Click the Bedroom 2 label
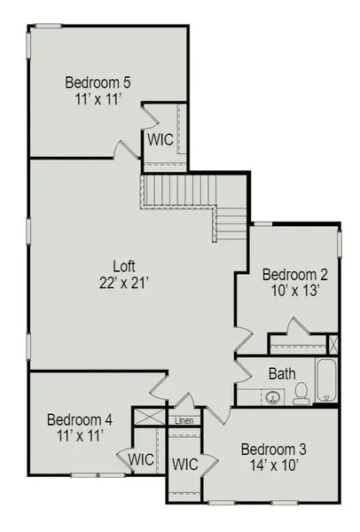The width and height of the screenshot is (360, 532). (287, 274)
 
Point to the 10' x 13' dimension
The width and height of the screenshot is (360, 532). (287, 290)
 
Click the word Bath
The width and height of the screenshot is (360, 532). (282, 373)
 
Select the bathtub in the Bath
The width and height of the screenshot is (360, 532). (325, 381)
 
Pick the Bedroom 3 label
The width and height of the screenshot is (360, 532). (272, 449)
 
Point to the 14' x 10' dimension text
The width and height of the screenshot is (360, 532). (272, 465)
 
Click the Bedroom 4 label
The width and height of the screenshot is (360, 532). (79, 419)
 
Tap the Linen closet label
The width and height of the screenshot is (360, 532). (184, 420)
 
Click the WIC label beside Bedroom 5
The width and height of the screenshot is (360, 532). (160, 139)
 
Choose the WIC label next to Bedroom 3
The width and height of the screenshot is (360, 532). (184, 464)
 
